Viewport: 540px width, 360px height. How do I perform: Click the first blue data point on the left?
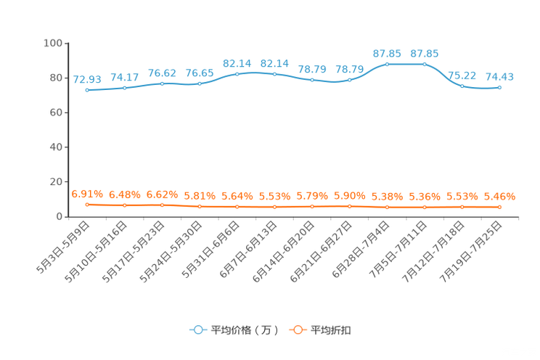click(87, 90)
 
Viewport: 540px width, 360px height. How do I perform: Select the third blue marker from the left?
click(163, 83)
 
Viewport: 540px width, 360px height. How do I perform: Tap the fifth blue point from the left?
click(237, 73)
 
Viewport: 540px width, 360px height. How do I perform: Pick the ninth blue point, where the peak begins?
click(387, 64)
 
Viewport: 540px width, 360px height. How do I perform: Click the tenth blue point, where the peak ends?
click(425, 64)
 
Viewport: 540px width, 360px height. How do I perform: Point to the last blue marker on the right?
click(499, 87)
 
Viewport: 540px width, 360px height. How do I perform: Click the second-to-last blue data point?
click(462, 86)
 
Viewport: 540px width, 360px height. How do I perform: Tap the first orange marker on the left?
click(87, 205)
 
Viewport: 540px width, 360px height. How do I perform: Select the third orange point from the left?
click(163, 205)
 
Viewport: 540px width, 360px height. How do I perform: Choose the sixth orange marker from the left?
click(274, 207)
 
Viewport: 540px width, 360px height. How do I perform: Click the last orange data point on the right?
click(499, 207)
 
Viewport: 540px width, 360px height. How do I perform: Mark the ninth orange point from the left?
click(387, 208)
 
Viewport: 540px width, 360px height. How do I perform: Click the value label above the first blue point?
click(87, 78)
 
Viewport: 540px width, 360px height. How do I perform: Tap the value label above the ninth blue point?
click(387, 53)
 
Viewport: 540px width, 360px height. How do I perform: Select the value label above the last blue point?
click(499, 76)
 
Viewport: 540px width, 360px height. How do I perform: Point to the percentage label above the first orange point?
click(87, 195)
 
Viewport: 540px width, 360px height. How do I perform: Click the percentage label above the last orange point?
click(499, 197)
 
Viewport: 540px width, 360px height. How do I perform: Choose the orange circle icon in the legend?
click(297, 330)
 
